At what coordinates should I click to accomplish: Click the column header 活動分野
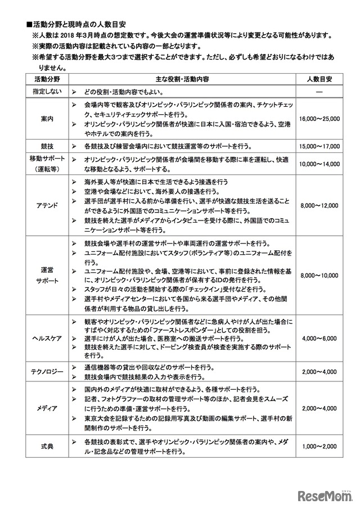pyautogui.click(x=47, y=79)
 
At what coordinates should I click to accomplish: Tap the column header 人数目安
pyautogui.click(x=318, y=79)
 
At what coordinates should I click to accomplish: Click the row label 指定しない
pyautogui.click(x=47, y=91)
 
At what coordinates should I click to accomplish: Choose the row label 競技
pyautogui.click(x=47, y=146)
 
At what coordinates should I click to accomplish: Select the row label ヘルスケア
pyautogui.click(x=47, y=339)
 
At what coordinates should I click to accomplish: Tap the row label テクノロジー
pyautogui.click(x=47, y=372)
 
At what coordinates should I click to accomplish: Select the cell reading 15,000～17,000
pyautogui.click(x=318, y=146)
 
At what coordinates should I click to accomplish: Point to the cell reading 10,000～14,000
pyautogui.click(x=318, y=164)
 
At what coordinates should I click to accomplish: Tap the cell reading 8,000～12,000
pyautogui.click(x=318, y=206)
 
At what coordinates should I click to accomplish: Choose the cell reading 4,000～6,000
pyautogui.click(x=318, y=339)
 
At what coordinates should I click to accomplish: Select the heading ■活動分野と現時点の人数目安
pyautogui.click(x=79, y=24)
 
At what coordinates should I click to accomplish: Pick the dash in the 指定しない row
pyautogui.click(x=318, y=91)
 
